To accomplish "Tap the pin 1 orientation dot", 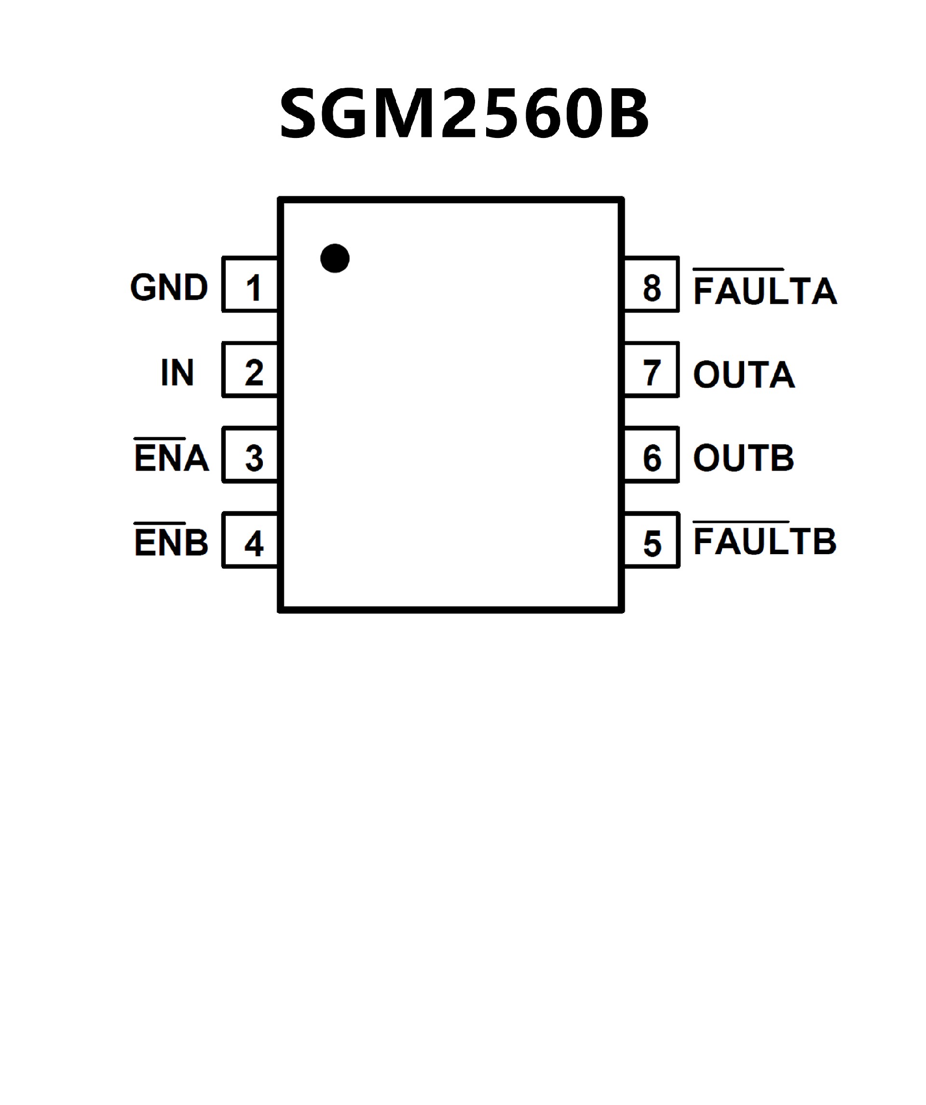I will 335,259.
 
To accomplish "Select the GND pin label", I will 169,287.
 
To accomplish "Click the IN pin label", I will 177,372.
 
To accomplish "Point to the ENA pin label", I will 172,458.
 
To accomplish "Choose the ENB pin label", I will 172,543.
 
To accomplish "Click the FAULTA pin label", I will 765,290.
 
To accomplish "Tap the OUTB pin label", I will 743,458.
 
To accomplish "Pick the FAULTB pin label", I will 765,542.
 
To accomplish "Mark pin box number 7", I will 652,370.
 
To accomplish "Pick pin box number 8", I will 652,285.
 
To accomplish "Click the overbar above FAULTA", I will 739,270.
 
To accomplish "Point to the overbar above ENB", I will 160,523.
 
